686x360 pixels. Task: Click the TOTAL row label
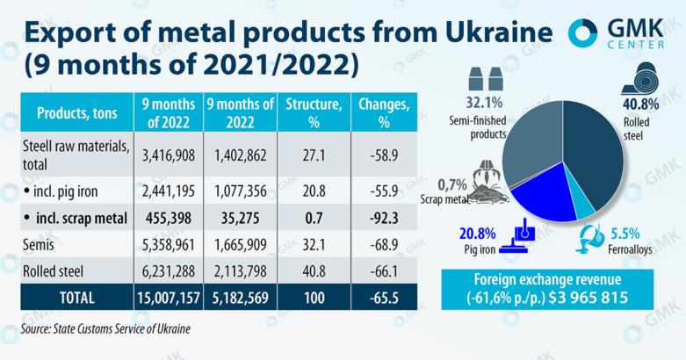coord(78,298)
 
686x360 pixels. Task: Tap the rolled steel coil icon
coord(646,79)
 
